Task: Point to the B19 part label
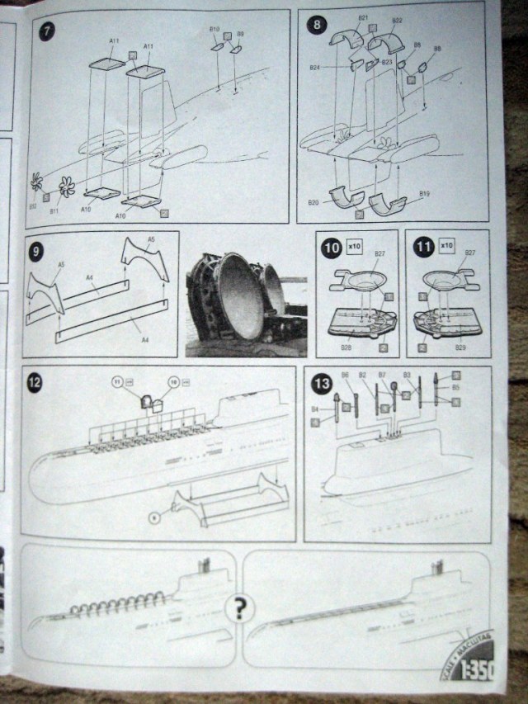pos(425,194)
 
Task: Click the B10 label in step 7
pos(213,30)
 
